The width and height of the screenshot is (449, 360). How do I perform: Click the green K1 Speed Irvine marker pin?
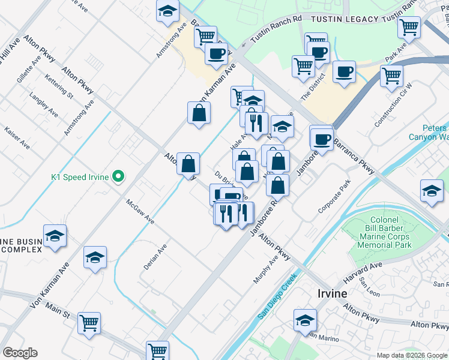click(x=119, y=176)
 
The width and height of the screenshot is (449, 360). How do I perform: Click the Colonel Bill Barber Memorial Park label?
click(x=388, y=233)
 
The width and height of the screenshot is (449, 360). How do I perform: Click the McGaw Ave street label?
click(x=140, y=212)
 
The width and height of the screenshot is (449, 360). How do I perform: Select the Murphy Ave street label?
click(x=265, y=268)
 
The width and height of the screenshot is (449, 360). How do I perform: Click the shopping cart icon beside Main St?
click(x=89, y=323)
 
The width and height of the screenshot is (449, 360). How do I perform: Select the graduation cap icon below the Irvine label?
click(x=305, y=320)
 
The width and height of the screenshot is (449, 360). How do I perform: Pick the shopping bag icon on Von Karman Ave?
click(x=199, y=113)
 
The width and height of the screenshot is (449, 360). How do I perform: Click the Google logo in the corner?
click(x=20, y=352)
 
